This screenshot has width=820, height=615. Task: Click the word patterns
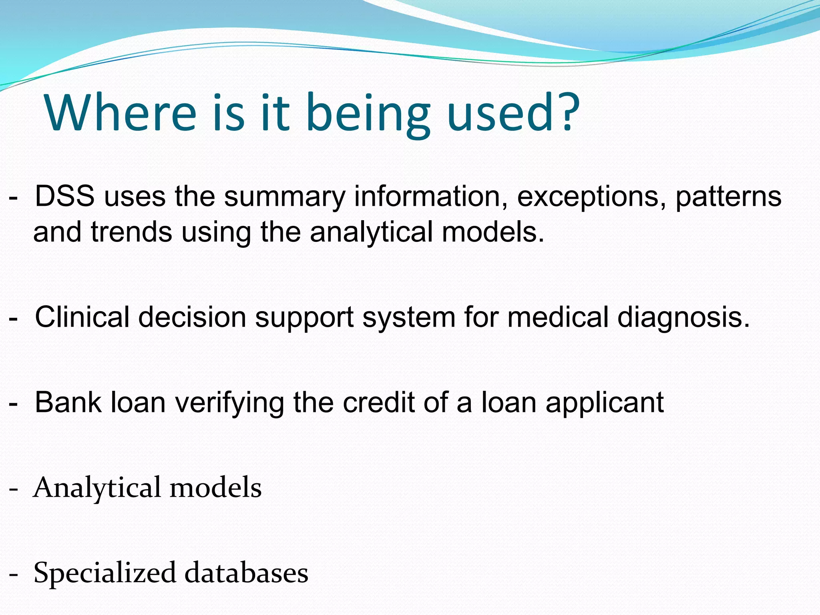coord(728,197)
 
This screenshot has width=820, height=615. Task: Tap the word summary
coord(284,197)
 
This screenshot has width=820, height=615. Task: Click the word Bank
coord(68,402)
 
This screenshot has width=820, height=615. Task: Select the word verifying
coord(229,403)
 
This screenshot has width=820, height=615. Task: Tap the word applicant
coord(605,403)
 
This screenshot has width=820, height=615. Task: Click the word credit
coord(379,402)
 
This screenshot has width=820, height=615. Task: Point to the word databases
coord(246,573)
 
